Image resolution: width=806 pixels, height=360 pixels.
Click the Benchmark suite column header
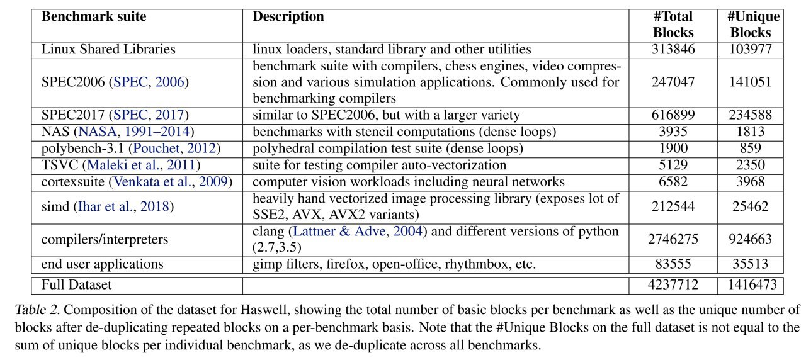point(94,16)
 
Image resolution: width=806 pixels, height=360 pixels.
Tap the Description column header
point(288,16)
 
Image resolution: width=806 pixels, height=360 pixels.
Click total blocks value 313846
point(673,49)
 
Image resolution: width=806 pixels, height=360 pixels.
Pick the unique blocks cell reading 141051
point(751,82)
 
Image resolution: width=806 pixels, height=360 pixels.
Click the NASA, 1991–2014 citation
point(134,132)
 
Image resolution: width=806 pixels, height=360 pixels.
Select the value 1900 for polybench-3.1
point(673,148)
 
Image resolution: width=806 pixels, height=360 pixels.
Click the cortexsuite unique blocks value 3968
point(751,181)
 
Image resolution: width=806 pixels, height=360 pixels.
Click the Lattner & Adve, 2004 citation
point(358,231)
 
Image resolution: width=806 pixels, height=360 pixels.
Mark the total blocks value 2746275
point(673,239)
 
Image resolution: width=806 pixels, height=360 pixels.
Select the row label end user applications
point(102,264)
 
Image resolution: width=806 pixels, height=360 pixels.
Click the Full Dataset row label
point(76,285)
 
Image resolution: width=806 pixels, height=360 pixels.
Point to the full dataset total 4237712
point(673,285)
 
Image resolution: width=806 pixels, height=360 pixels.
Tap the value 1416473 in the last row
point(752,285)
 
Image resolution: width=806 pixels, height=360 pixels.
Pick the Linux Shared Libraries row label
point(108,49)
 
